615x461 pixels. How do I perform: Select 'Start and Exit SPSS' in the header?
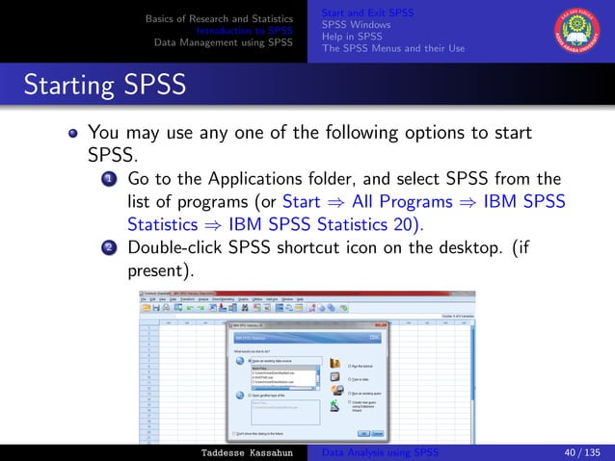click(367, 13)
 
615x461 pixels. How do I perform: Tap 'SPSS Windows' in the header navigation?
click(356, 24)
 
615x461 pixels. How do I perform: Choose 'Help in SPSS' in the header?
click(353, 36)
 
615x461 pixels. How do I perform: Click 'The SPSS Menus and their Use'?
click(393, 47)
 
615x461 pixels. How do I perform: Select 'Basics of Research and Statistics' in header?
click(219, 18)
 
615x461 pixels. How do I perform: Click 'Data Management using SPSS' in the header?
click(224, 42)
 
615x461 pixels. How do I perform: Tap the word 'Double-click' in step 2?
click(175, 246)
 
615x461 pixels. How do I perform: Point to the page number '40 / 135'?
click(574, 452)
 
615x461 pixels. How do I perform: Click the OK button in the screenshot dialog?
click(363, 434)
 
